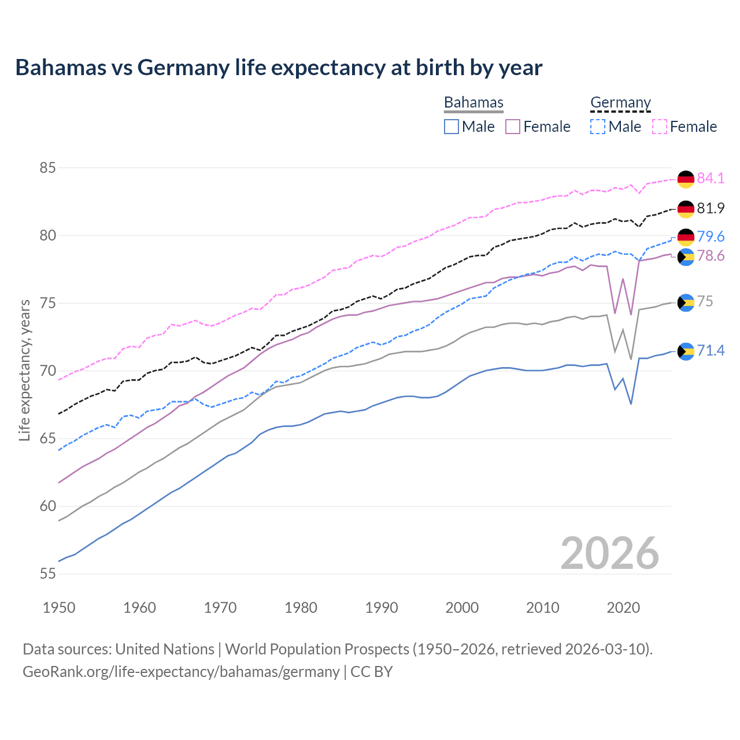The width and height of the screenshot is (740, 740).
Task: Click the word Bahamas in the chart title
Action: [x=61, y=68]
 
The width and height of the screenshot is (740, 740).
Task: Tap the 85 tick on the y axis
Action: [x=47, y=168]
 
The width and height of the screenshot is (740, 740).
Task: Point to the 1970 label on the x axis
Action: [x=220, y=608]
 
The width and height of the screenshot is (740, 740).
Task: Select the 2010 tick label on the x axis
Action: [x=542, y=608]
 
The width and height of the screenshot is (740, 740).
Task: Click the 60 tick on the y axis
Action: [x=47, y=506]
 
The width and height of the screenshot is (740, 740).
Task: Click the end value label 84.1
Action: [x=711, y=178]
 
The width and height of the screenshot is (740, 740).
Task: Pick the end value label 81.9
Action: [x=711, y=208]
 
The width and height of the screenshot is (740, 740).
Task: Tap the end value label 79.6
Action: [x=711, y=236]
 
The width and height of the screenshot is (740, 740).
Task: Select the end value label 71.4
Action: [x=711, y=350]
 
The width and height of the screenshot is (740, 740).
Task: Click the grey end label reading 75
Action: [x=705, y=301]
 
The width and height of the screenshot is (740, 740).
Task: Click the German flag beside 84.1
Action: [x=686, y=179]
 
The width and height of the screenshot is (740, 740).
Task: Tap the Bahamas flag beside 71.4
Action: [x=686, y=351]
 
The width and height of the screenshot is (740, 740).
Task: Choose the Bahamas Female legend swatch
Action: [x=513, y=127]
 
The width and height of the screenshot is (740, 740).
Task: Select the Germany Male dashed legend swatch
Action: [x=598, y=127]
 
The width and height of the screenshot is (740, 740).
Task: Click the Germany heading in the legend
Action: [x=620, y=102]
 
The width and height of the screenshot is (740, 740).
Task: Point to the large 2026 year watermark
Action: [x=609, y=553]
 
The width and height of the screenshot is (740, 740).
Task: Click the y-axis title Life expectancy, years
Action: [x=24, y=370]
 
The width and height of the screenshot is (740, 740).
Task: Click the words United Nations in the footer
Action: [x=165, y=649]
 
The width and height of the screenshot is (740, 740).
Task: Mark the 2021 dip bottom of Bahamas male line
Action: [x=631, y=404]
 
